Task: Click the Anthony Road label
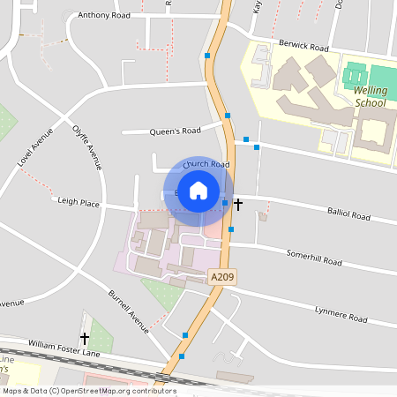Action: [x=103, y=15]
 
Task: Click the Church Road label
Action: [x=206, y=165]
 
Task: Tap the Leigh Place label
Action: [x=78, y=202]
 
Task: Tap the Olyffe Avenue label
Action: [x=88, y=145]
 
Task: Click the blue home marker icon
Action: [x=198, y=190]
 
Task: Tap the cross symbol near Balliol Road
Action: [x=237, y=204]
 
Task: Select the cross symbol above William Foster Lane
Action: [x=85, y=337]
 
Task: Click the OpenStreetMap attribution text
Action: [x=88, y=391]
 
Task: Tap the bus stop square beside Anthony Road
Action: [x=207, y=56]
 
